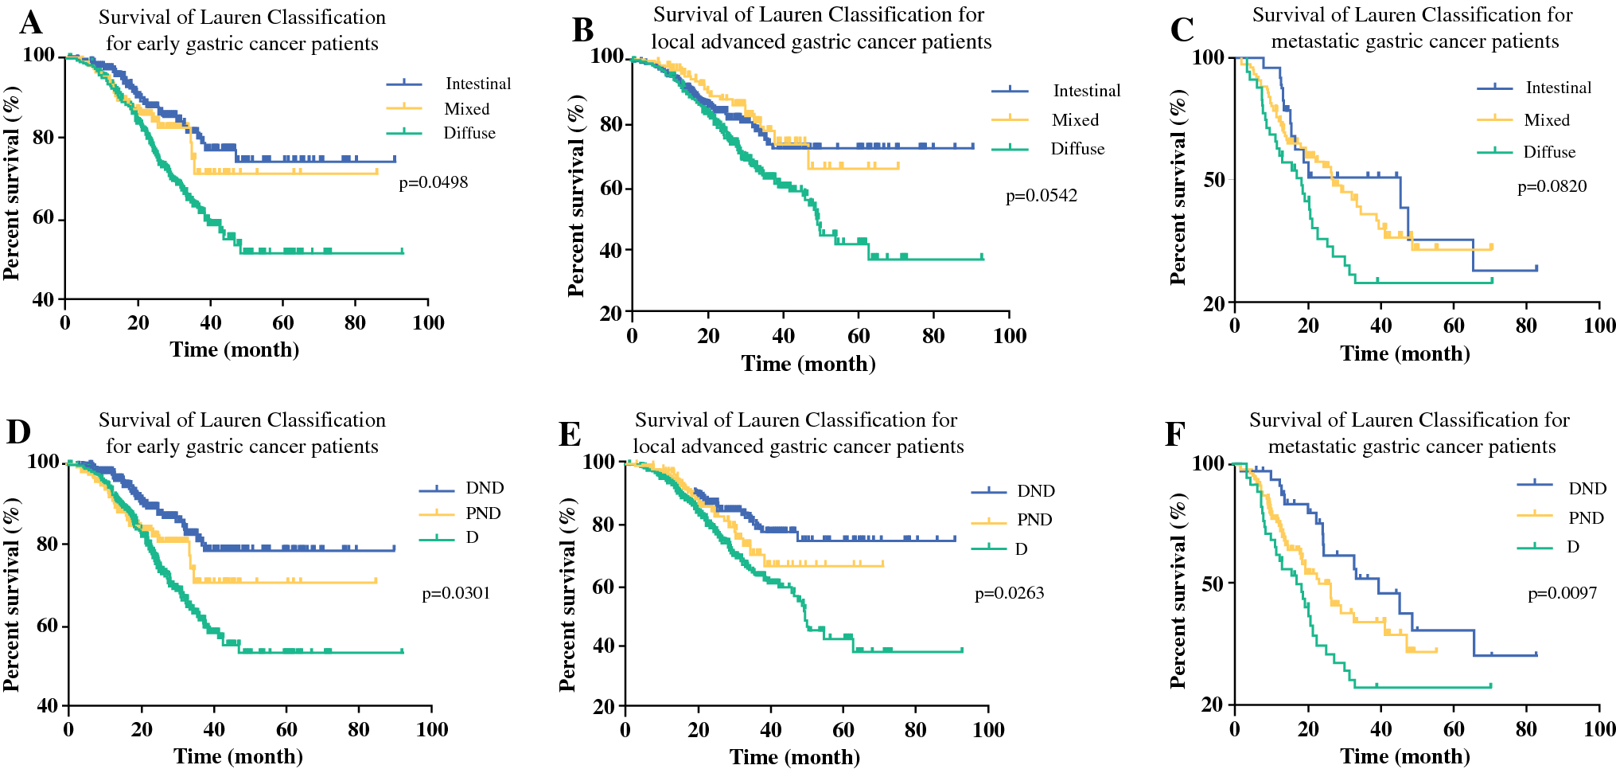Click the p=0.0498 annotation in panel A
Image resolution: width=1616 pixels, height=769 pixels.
(433, 183)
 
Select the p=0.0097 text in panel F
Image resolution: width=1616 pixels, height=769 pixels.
(1562, 593)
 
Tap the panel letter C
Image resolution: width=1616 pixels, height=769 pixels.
(1182, 30)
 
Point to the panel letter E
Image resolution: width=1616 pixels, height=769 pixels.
(570, 435)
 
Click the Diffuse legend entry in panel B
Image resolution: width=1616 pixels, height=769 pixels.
(1077, 149)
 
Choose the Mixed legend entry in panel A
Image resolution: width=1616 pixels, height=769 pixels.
(466, 109)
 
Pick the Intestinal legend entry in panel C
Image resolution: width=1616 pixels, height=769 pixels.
(1558, 88)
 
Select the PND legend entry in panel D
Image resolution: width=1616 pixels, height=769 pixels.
(483, 513)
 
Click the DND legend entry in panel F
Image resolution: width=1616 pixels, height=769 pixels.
(1587, 489)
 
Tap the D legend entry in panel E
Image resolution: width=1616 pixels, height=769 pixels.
(1021, 549)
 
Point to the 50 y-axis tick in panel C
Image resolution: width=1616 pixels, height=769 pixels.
(1213, 180)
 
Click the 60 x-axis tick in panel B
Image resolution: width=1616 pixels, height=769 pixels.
(859, 336)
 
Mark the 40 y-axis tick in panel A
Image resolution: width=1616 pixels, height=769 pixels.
(44, 300)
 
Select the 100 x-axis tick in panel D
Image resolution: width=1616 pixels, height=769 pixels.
(431, 729)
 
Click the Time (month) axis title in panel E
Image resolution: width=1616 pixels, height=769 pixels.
(794, 757)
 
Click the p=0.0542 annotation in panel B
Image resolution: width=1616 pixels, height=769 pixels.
(1041, 196)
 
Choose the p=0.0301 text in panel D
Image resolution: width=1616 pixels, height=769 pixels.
(456, 593)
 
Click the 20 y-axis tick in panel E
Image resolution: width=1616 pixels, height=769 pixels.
(604, 707)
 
